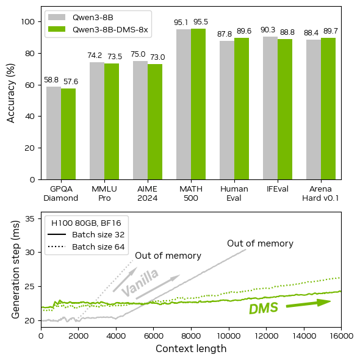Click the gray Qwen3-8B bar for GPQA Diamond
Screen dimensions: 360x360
pos(54,133)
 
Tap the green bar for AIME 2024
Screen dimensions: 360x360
pos(155,121)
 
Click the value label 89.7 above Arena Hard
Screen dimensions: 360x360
pos(328,31)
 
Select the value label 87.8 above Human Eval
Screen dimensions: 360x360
pos(227,34)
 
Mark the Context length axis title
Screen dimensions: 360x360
pos(191,349)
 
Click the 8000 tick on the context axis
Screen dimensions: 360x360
pos(191,336)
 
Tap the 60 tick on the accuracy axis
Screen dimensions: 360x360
pos(31,84)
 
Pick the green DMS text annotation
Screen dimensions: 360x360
pos(264,308)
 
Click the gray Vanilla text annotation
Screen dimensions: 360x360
pos(140,282)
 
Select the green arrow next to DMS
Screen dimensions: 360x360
pos(308,303)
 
